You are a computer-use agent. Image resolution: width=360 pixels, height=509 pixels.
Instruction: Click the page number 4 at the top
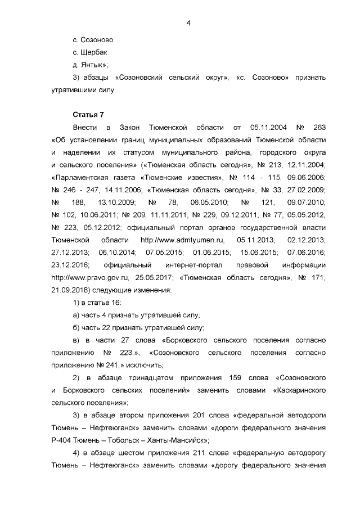[188, 23]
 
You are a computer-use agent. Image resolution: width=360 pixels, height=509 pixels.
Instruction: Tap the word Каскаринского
[299, 389]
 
